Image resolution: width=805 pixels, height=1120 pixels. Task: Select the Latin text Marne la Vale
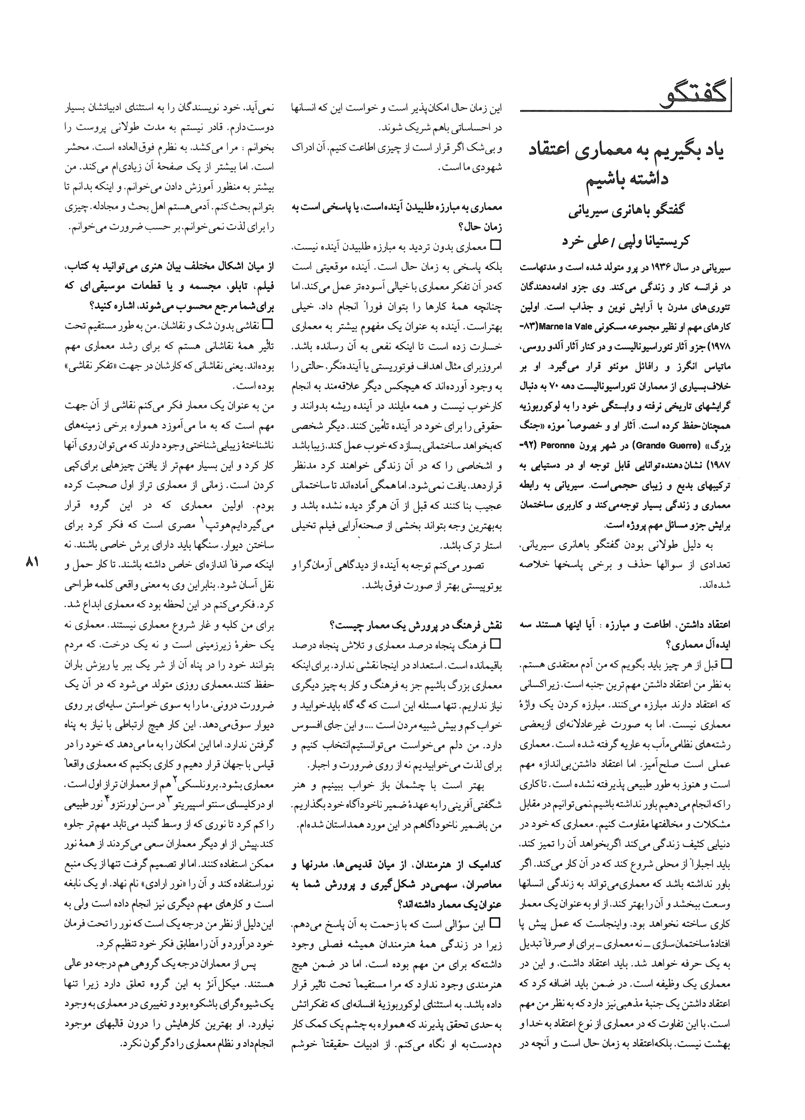[x=563, y=326]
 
